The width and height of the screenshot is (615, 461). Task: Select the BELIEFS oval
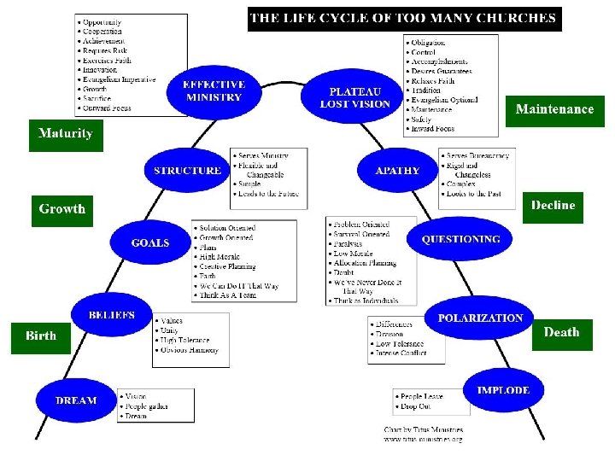point(112,316)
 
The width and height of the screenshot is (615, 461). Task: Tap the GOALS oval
point(150,243)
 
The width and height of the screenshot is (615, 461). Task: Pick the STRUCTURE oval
point(186,171)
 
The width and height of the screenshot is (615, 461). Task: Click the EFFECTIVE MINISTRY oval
point(214,90)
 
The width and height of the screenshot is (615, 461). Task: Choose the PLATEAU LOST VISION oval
point(354,97)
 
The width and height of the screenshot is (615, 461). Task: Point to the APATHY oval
point(397,170)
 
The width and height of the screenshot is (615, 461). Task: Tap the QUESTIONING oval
point(460,239)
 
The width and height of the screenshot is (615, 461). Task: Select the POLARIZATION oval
point(480,318)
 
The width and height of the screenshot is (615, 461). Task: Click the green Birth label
point(41,336)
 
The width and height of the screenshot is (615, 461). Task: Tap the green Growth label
point(62,208)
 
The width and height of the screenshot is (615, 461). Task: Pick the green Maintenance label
point(554,109)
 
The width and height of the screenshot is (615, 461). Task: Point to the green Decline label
point(553,205)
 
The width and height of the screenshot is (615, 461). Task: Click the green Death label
point(561,332)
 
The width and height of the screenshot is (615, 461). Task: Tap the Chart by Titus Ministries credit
point(424,430)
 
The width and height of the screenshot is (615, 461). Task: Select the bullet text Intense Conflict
point(401,353)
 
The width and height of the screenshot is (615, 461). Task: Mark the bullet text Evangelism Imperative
point(120,79)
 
